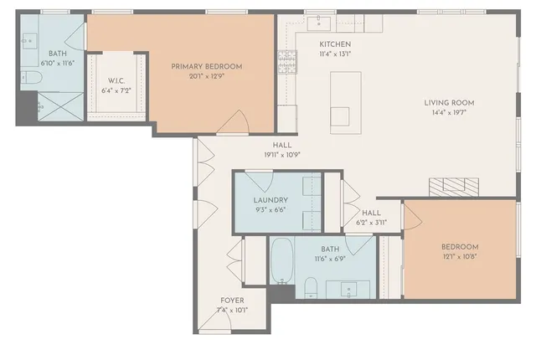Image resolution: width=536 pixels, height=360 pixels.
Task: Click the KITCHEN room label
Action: (334, 44)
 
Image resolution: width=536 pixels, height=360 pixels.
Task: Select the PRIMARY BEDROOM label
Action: (206, 66)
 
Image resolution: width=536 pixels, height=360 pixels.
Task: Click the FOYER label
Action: (232, 300)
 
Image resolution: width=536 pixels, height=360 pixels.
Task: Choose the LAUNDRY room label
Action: (271, 200)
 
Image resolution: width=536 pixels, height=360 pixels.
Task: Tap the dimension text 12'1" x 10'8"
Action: (460, 258)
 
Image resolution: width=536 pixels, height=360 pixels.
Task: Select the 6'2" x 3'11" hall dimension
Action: (371, 223)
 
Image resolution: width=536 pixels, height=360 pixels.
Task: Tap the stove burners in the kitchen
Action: (286, 60)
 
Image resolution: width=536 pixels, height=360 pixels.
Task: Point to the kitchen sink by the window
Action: (319, 23)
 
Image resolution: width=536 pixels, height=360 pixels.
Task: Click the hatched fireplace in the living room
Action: (453, 185)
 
